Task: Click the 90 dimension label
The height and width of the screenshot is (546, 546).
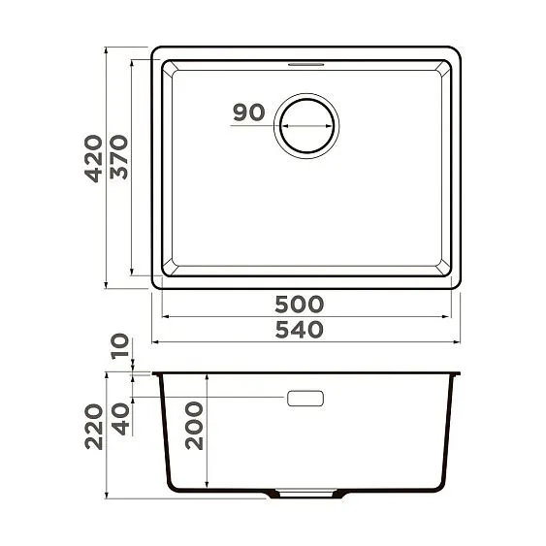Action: (x=249, y=112)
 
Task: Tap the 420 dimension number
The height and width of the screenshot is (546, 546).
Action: (x=94, y=164)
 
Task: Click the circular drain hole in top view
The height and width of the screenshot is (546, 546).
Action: (x=309, y=125)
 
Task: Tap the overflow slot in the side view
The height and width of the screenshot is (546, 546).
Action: (x=305, y=399)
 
